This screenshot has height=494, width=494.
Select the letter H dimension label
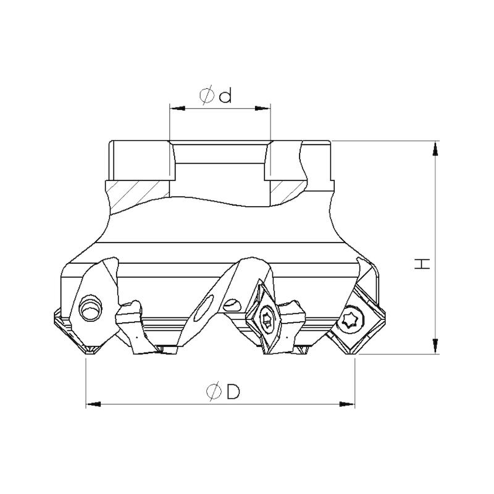422,264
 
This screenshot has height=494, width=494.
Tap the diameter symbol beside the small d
206,96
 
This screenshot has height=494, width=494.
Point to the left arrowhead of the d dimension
177,109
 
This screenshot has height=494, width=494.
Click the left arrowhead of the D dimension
94,404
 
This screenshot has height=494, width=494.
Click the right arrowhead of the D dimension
347,404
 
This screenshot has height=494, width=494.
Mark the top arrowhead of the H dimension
435,149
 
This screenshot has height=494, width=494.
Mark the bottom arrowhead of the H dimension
435,346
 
